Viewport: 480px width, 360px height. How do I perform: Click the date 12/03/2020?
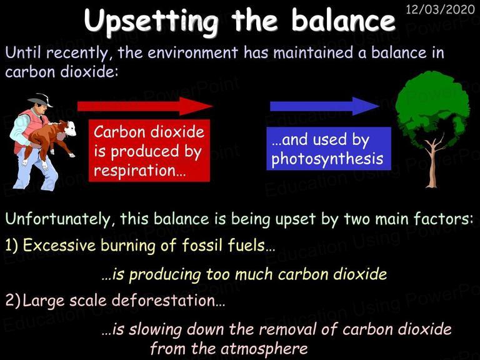[440, 9]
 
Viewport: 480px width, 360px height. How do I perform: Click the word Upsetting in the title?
[151, 21]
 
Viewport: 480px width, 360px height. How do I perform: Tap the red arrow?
[145, 106]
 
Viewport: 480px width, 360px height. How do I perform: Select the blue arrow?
[324, 106]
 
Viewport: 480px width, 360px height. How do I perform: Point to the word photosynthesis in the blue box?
[327, 159]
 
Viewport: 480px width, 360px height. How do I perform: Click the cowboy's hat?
[41, 100]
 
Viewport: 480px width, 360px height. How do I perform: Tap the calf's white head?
[70, 129]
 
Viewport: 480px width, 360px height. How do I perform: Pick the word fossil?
[201, 245]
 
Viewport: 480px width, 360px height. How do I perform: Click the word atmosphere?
[264, 349]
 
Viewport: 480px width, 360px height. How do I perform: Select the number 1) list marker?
[12, 246]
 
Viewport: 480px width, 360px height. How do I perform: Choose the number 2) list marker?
[12, 301]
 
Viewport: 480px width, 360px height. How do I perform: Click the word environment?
[192, 52]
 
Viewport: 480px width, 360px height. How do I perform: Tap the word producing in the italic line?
[165, 274]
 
